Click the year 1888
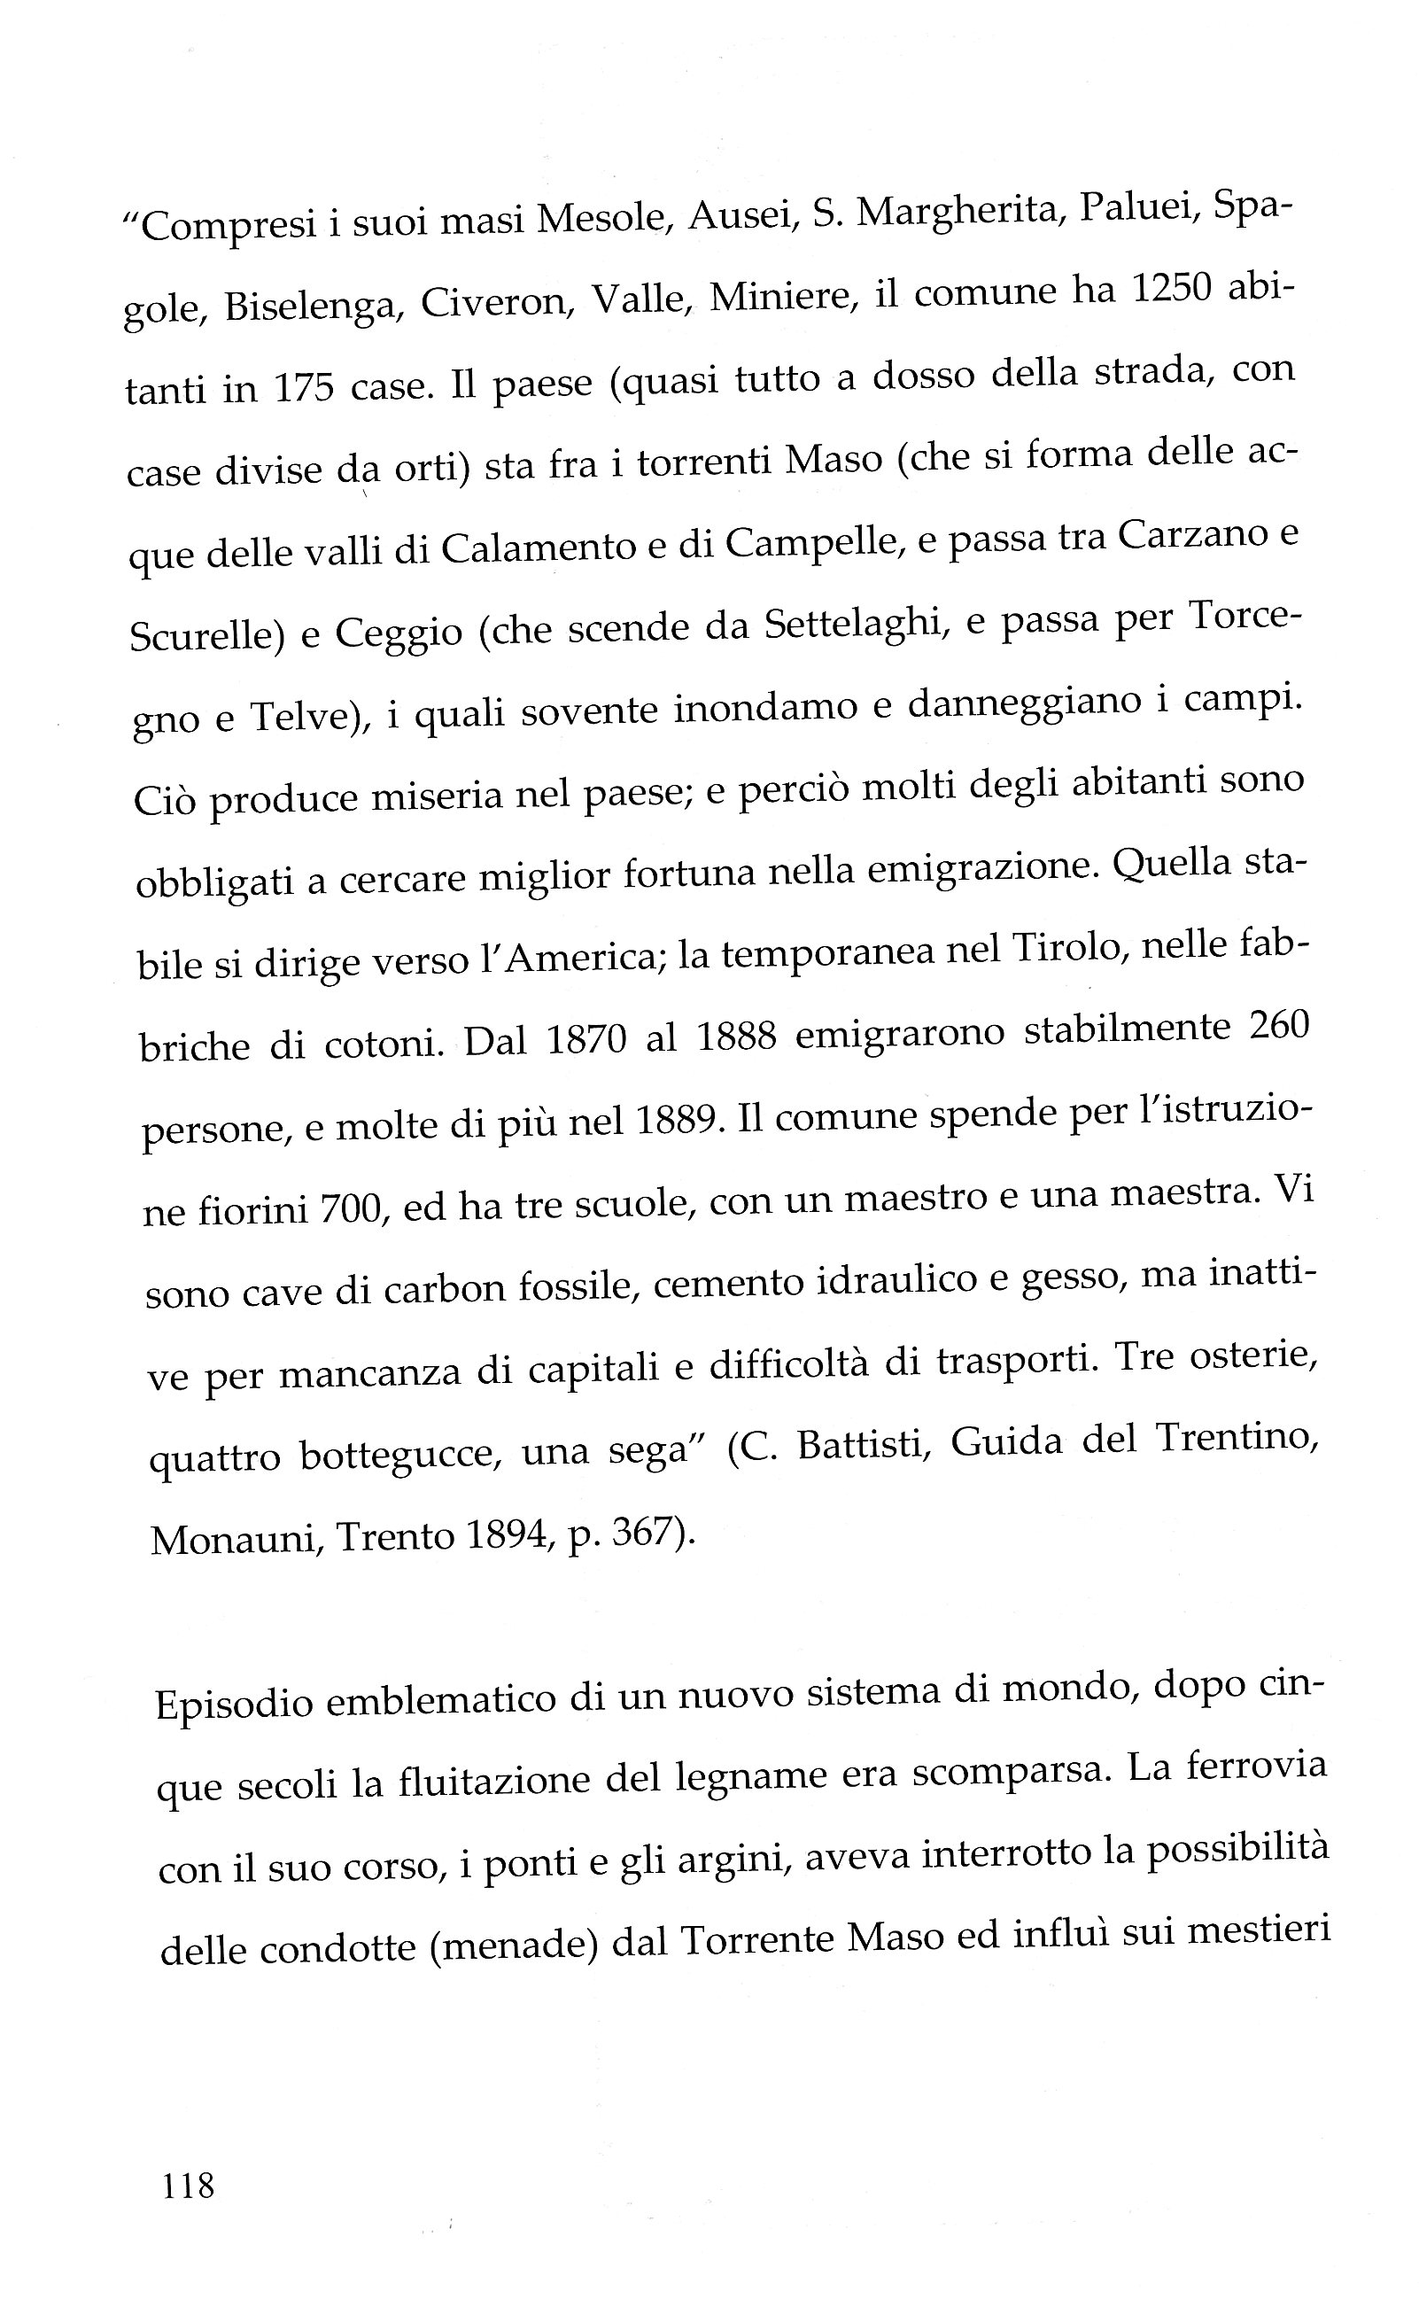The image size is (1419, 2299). coord(737,1037)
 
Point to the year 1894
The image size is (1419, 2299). coord(505,1535)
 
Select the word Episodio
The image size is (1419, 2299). coord(234,1703)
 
